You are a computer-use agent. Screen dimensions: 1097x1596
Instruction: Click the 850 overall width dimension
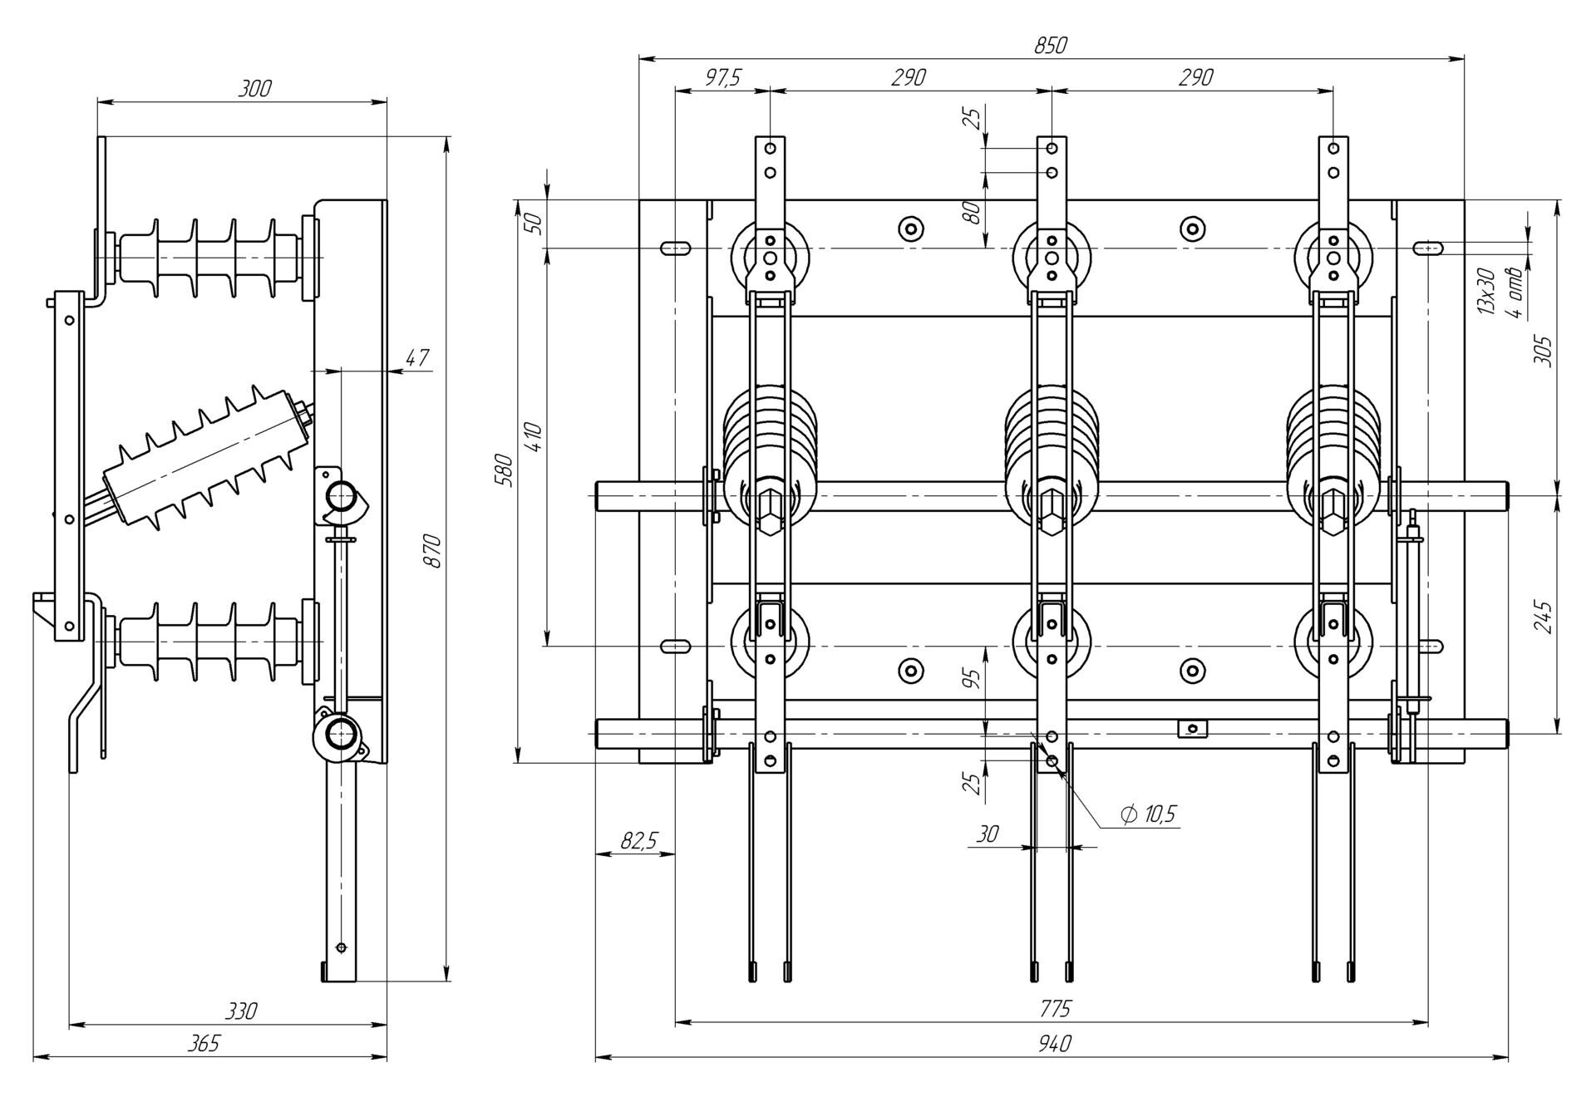coord(1050,47)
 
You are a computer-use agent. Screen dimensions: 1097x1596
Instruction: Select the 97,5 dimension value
coord(722,78)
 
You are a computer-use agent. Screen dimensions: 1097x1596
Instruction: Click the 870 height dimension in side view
coord(433,551)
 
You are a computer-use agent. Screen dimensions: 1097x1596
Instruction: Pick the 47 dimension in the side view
coord(417,358)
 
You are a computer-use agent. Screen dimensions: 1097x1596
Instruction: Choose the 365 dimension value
coord(204,1044)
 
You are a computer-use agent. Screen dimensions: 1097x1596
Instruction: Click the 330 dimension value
coord(241,1011)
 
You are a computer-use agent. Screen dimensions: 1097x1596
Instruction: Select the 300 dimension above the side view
coord(254,89)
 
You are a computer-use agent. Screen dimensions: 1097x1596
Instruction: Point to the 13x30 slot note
coord(1486,292)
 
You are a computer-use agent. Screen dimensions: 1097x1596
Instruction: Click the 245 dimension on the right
coord(1543,617)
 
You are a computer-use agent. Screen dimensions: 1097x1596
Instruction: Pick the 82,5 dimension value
coord(638,841)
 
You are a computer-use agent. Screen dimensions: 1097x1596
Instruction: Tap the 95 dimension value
coord(974,679)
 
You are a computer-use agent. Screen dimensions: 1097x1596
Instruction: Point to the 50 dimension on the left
coord(536,223)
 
